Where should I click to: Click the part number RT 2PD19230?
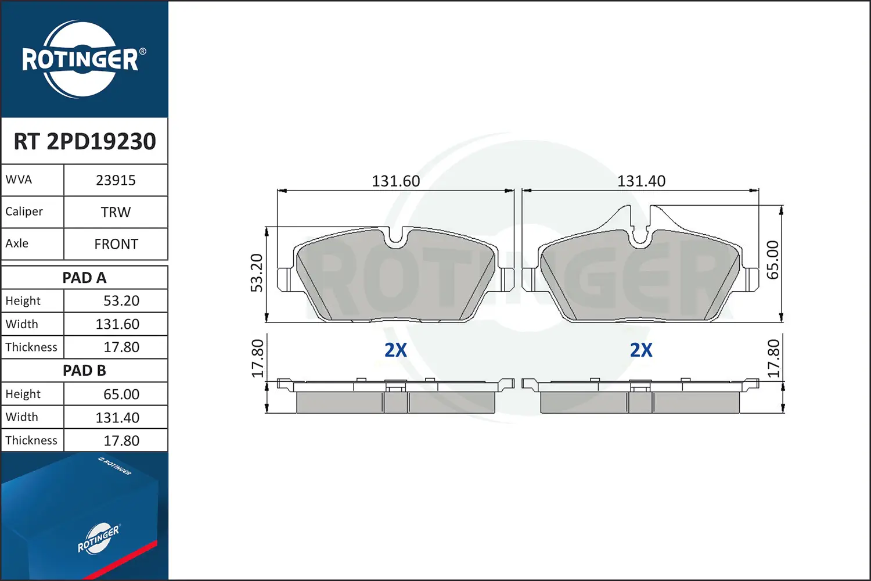[x=85, y=141]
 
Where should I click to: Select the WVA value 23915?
[x=116, y=181]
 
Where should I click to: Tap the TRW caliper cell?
[x=116, y=212]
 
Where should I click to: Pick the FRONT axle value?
[x=116, y=244]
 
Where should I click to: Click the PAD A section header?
[x=84, y=278]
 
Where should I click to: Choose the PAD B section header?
[x=84, y=371]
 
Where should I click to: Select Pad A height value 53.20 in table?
[x=121, y=301]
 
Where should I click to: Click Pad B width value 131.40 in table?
[x=117, y=418]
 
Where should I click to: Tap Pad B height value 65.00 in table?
[x=121, y=394]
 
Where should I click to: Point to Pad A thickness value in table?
[x=121, y=347]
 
